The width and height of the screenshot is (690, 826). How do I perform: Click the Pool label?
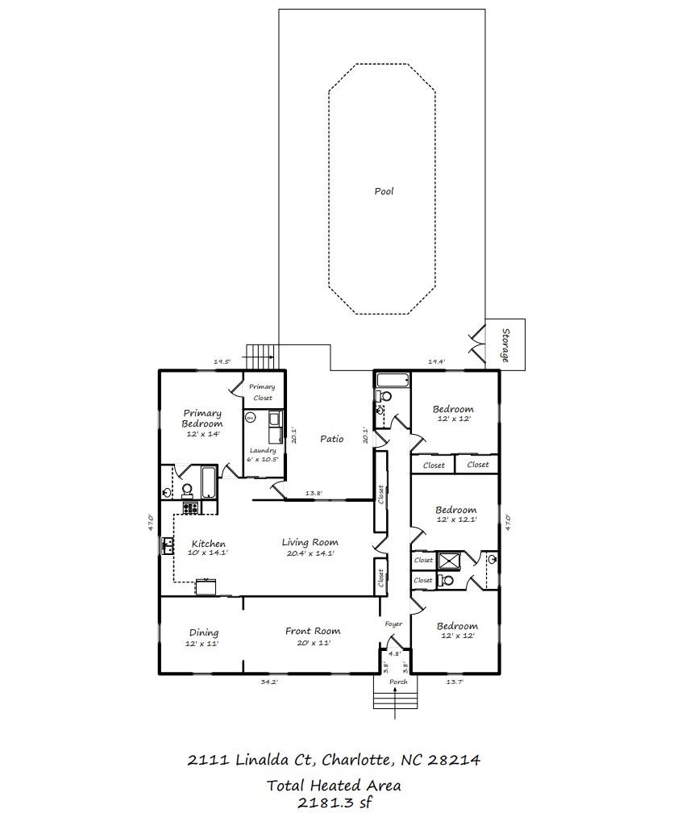point(384,191)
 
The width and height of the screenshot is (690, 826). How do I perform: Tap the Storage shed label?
point(505,345)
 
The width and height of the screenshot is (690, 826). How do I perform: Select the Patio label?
point(331,438)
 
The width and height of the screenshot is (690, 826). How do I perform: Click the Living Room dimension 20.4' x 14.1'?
point(310,553)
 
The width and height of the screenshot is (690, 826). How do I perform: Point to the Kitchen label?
point(209,544)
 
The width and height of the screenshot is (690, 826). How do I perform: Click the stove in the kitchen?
point(190,507)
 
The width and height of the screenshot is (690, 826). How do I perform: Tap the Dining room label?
point(204,632)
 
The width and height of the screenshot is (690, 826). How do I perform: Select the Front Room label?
point(313,631)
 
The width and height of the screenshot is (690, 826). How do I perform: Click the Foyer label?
point(393,624)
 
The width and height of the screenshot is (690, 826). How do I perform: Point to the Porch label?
point(398,682)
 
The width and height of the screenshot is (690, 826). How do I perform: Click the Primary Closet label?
point(262,392)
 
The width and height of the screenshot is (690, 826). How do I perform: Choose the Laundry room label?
point(263,450)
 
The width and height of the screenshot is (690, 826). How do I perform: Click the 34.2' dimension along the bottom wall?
point(269,682)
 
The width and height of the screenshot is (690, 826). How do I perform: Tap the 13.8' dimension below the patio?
point(314,493)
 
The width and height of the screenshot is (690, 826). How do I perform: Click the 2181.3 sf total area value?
point(335,803)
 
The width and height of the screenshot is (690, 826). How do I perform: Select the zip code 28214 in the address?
point(454,760)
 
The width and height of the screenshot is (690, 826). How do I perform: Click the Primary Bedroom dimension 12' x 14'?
point(202,434)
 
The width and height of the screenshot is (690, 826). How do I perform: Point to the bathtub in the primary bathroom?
point(209,482)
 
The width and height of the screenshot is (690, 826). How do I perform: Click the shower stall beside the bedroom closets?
point(450,561)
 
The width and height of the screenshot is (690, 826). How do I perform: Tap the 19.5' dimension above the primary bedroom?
point(222,362)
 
